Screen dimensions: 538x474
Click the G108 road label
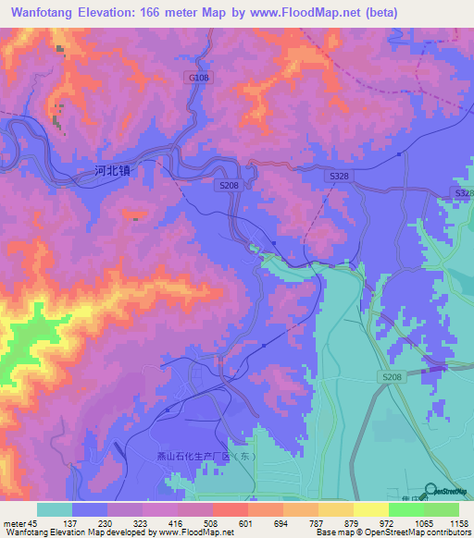199,79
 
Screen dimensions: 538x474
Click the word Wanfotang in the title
37,12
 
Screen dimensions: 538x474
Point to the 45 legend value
33,522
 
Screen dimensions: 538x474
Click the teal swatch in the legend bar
55,509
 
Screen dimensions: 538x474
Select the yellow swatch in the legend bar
370,509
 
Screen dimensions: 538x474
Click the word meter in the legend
14,522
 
